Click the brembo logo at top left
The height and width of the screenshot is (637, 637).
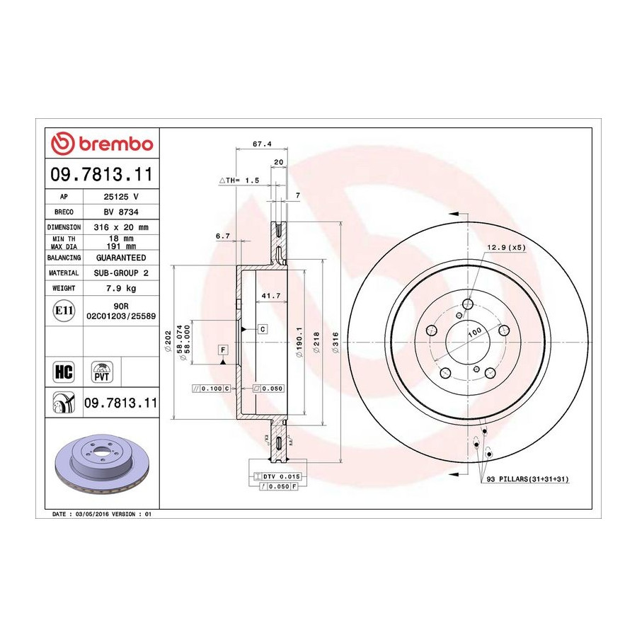pyautogui.click(x=102, y=144)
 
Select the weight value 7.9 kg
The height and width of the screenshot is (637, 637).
pyautogui.click(x=120, y=289)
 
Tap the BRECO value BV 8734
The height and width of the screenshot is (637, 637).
pyautogui.click(x=121, y=212)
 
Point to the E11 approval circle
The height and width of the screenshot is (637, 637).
pyautogui.click(x=64, y=311)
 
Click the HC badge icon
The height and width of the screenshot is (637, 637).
pyautogui.click(x=64, y=372)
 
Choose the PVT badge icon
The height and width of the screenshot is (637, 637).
pyautogui.click(x=101, y=372)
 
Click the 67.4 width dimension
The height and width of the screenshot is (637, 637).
pyautogui.click(x=262, y=144)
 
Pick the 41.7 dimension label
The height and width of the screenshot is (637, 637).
pyautogui.click(x=271, y=296)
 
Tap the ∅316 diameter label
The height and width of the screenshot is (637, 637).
pyautogui.click(x=335, y=342)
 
